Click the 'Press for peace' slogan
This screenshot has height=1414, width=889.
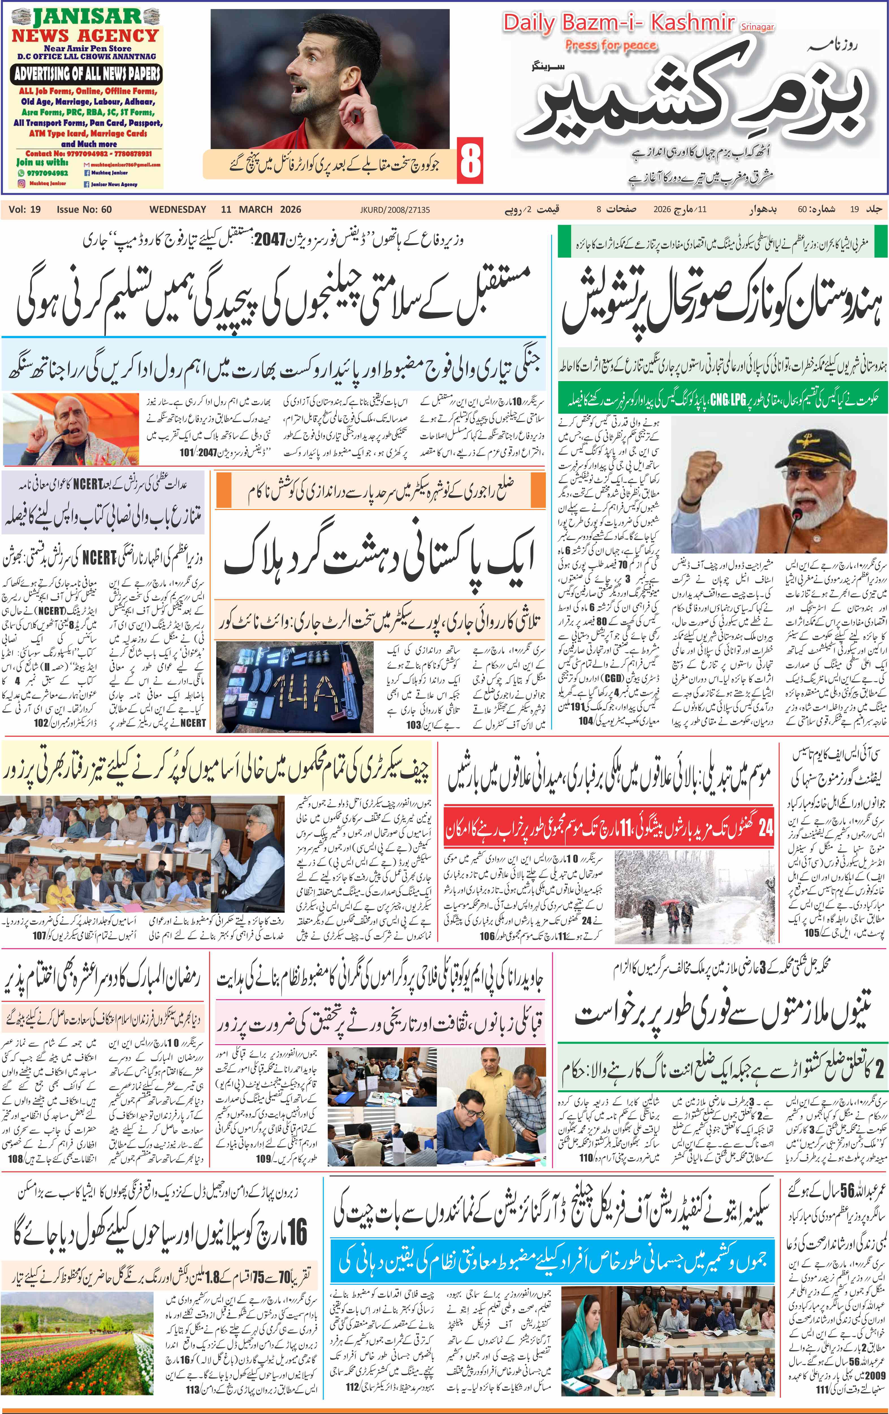tap(611, 45)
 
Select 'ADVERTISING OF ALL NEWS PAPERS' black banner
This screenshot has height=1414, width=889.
tap(86, 74)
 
